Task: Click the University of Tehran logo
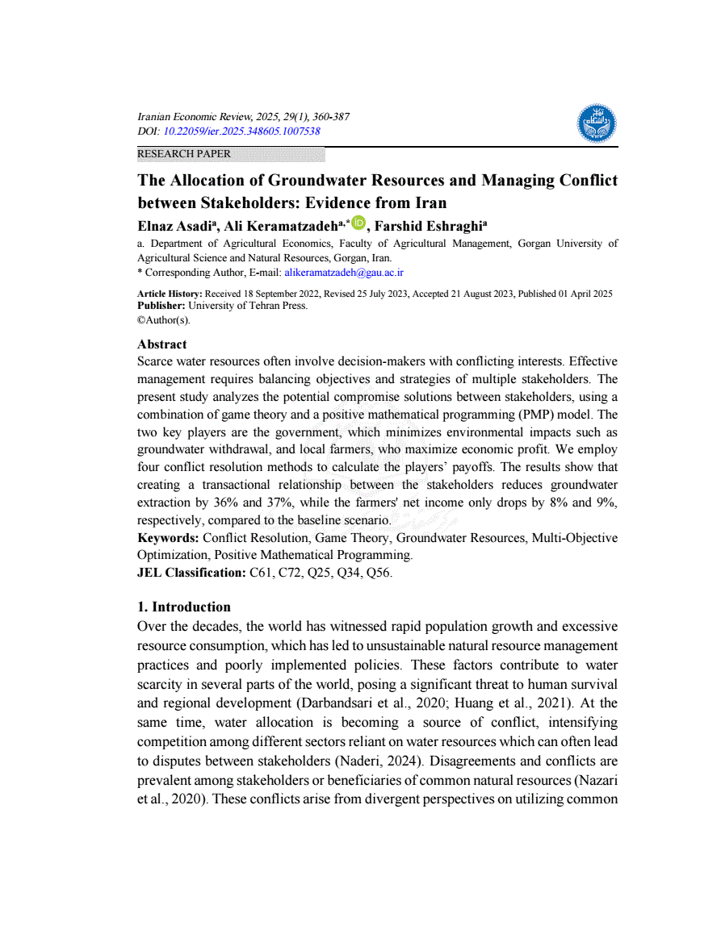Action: tap(597, 123)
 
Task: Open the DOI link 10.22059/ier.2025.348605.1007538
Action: tap(242, 131)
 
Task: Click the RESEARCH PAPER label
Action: tap(184, 154)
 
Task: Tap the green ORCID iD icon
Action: tap(358, 223)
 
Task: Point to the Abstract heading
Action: tap(162, 344)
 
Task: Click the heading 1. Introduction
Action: tap(184, 607)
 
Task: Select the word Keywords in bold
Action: tap(168, 538)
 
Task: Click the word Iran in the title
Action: tap(428, 202)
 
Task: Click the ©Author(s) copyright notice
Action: tap(164, 319)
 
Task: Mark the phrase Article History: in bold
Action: tap(170, 294)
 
